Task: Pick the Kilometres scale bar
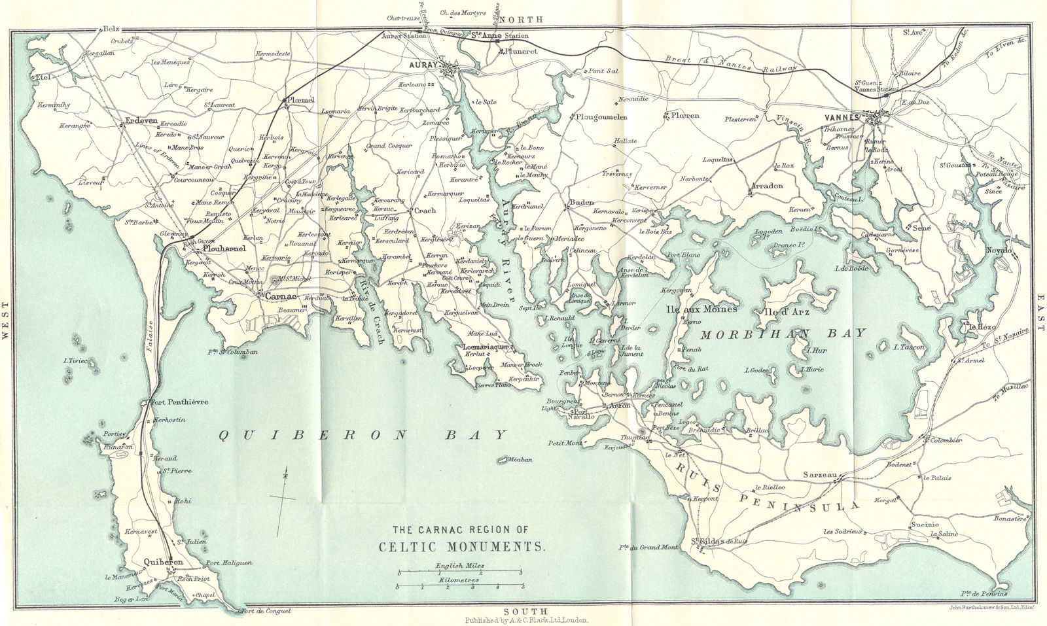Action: point(459,585)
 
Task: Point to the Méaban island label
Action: point(520,459)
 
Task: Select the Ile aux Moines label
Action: point(701,309)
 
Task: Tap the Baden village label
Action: point(581,202)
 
